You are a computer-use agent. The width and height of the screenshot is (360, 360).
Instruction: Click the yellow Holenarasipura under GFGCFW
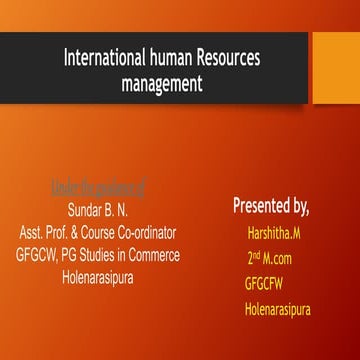click(277, 309)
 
